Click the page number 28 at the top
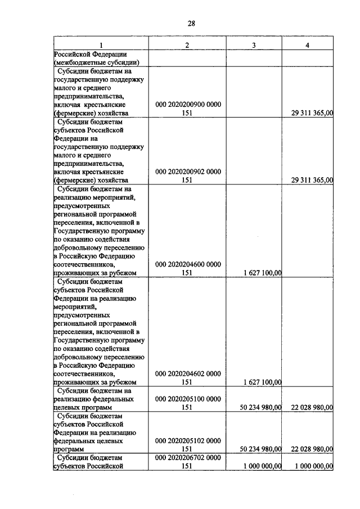point(191,23)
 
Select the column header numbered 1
point(101,45)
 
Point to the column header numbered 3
point(254,45)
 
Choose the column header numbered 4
point(307,45)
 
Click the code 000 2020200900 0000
point(188,105)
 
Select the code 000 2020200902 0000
point(188,172)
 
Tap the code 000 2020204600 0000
point(188,264)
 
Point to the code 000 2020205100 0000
point(188,398)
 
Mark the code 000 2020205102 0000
point(188,440)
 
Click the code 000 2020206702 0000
point(188,458)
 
